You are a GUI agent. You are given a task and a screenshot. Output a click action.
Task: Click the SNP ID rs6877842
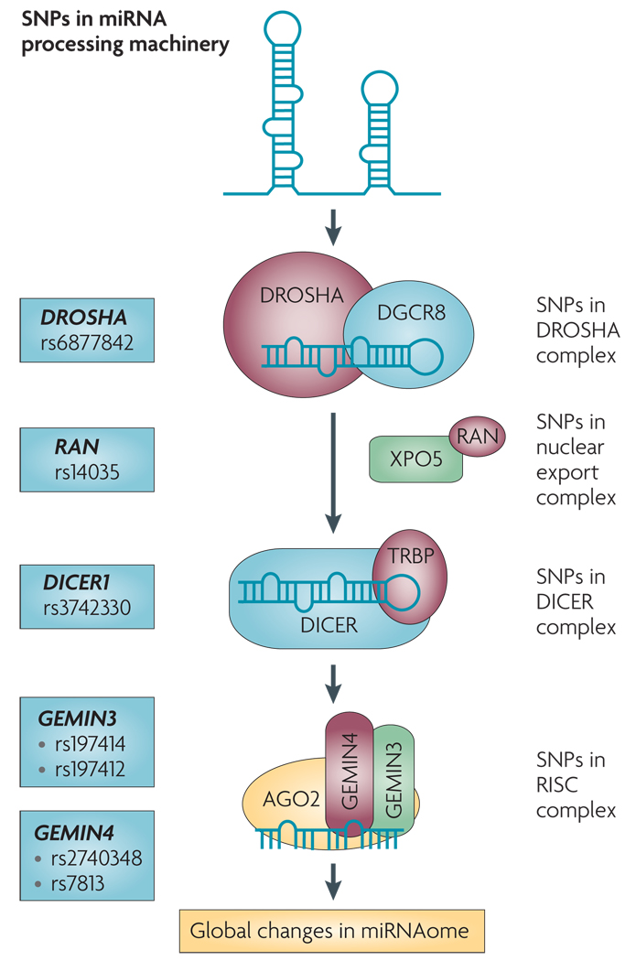coord(87,342)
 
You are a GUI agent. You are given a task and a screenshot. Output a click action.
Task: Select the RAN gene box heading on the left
coord(77,447)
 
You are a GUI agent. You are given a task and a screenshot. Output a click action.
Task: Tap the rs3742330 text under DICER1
coord(87,608)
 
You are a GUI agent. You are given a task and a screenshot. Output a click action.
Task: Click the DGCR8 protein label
coord(411,313)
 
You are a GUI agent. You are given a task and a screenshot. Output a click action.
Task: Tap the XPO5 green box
coord(416,459)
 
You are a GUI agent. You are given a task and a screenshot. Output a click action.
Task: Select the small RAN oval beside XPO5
coord(478,437)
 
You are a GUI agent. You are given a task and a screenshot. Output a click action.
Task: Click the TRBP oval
coord(410,577)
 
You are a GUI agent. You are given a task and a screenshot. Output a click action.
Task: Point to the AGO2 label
coord(291,799)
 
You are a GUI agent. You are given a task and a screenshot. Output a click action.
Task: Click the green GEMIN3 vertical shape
coord(393,778)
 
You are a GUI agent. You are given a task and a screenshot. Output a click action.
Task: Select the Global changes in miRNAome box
coord(331,931)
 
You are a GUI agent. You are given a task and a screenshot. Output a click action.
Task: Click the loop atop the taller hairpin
coord(283,29)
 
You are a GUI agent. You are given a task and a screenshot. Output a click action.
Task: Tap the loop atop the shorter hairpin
coord(380,89)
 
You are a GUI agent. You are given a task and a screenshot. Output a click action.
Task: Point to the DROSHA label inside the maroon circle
coord(301,296)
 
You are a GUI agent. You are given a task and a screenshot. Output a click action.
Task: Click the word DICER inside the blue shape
coord(329,625)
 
